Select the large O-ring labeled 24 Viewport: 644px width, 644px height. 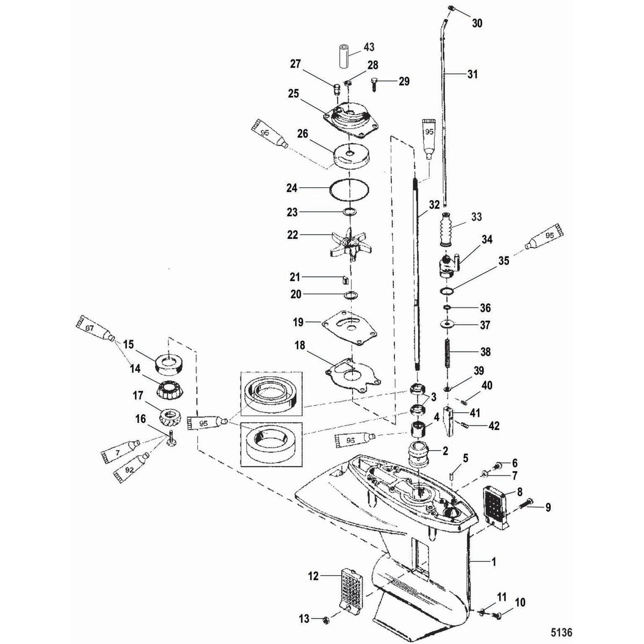click(x=349, y=189)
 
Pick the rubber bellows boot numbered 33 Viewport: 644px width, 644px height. click(x=447, y=229)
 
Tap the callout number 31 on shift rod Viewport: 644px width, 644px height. click(x=472, y=75)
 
